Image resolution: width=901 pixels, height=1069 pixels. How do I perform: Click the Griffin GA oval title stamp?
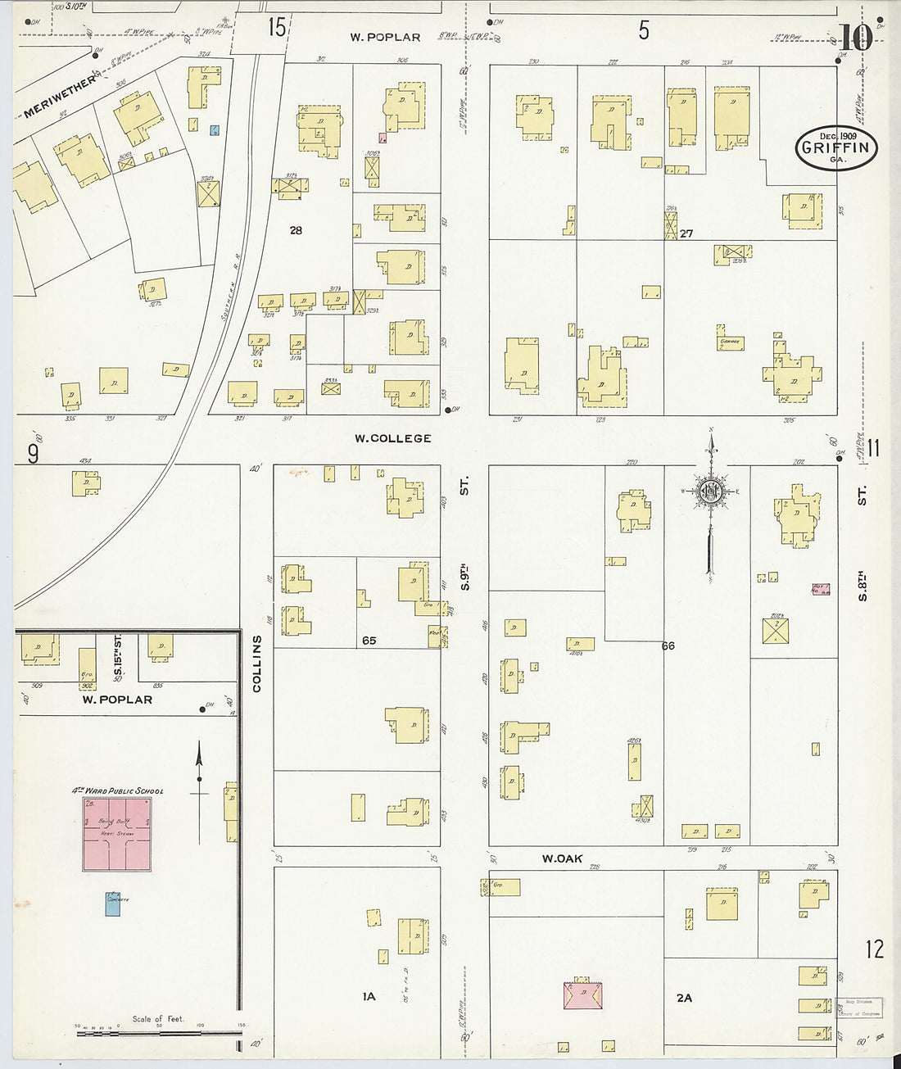click(836, 148)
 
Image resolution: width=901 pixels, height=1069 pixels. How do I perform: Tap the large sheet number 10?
click(856, 38)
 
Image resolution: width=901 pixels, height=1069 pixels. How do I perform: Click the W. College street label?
click(392, 438)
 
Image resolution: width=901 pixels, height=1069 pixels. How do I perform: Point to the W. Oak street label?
click(561, 858)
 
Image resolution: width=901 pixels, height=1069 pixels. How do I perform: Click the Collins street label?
click(257, 664)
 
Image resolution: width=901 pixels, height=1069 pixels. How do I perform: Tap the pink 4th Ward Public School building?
click(116, 834)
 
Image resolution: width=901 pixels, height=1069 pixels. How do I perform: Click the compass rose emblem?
click(710, 491)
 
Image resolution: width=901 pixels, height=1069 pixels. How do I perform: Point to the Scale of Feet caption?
click(158, 1019)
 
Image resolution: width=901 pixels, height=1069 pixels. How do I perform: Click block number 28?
click(296, 231)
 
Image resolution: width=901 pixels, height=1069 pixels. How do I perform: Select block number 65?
click(369, 641)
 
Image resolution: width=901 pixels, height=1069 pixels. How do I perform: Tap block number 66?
click(668, 646)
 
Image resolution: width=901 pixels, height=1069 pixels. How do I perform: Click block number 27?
click(686, 233)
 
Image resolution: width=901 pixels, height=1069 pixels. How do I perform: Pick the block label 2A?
click(684, 998)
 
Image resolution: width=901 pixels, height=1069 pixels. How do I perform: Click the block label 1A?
click(369, 997)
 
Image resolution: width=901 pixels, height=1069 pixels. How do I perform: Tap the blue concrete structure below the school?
click(113, 903)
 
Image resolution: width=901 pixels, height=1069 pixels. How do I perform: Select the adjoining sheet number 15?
click(277, 29)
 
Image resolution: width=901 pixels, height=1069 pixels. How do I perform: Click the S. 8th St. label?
click(862, 541)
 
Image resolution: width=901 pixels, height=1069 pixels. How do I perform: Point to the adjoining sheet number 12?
click(875, 949)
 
